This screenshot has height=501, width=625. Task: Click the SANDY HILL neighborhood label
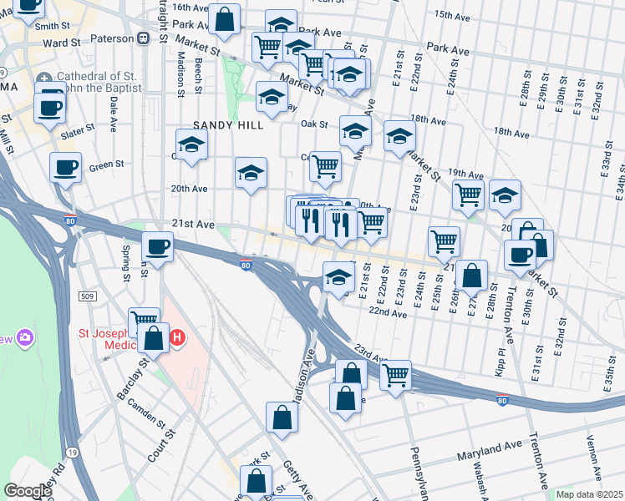pyautogui.click(x=228, y=125)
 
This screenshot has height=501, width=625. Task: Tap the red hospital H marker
pyautogui.click(x=177, y=338)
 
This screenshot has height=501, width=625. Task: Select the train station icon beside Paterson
pyautogui.click(x=144, y=38)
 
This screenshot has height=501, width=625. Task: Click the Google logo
pyautogui.click(x=28, y=491)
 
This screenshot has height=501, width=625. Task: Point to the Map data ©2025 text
pyautogui.click(x=589, y=494)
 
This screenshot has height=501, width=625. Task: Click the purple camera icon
pyautogui.click(x=27, y=337)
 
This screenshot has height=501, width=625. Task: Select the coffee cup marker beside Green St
pyautogui.click(x=65, y=168)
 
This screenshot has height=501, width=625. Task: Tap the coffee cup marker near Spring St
pyautogui.click(x=157, y=247)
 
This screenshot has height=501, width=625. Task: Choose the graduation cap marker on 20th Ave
pyautogui.click(x=251, y=173)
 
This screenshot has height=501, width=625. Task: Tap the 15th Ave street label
pyautogui.click(x=451, y=15)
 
